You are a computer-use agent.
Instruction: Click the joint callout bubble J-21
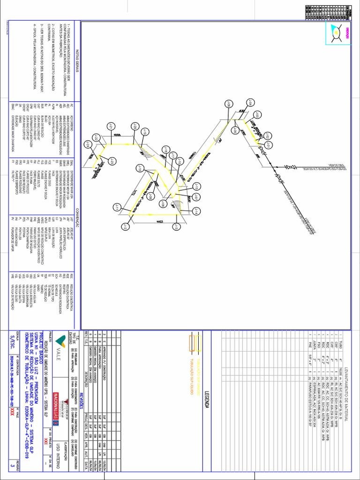point(111,126)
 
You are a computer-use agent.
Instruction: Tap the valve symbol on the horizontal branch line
point(291,166)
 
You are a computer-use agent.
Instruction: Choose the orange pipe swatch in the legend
point(191,344)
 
